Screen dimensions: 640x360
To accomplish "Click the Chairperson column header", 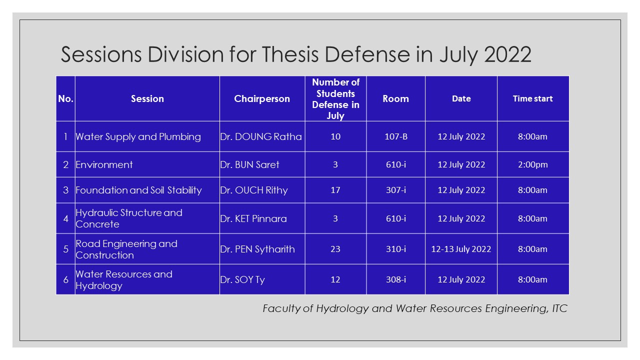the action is coord(262,98).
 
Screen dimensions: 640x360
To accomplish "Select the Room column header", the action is coord(395,98).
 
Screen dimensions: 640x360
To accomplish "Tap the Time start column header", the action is coord(532,98).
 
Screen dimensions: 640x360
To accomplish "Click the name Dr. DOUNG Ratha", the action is coord(261,136).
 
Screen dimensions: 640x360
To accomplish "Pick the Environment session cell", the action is coord(104,164).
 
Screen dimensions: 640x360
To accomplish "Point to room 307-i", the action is coord(395,190).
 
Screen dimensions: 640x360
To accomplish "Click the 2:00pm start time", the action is coord(532,164).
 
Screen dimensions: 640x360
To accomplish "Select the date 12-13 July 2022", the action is coord(461,249).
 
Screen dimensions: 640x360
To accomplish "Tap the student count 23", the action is coord(335,249).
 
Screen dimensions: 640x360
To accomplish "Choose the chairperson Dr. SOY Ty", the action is coord(242,279).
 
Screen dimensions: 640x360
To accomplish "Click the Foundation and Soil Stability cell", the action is coord(138,190).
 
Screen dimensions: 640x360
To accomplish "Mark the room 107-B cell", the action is coord(395,136).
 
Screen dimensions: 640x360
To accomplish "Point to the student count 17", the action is coord(335,190).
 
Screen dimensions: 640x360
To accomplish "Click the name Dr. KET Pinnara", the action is coord(253,218).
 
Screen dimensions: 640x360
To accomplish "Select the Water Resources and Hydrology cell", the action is coord(123,280).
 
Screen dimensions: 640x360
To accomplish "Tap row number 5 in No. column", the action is coord(65,249).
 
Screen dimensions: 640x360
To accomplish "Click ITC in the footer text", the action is coord(559,308).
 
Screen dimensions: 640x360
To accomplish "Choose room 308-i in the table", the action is coord(395,279).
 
